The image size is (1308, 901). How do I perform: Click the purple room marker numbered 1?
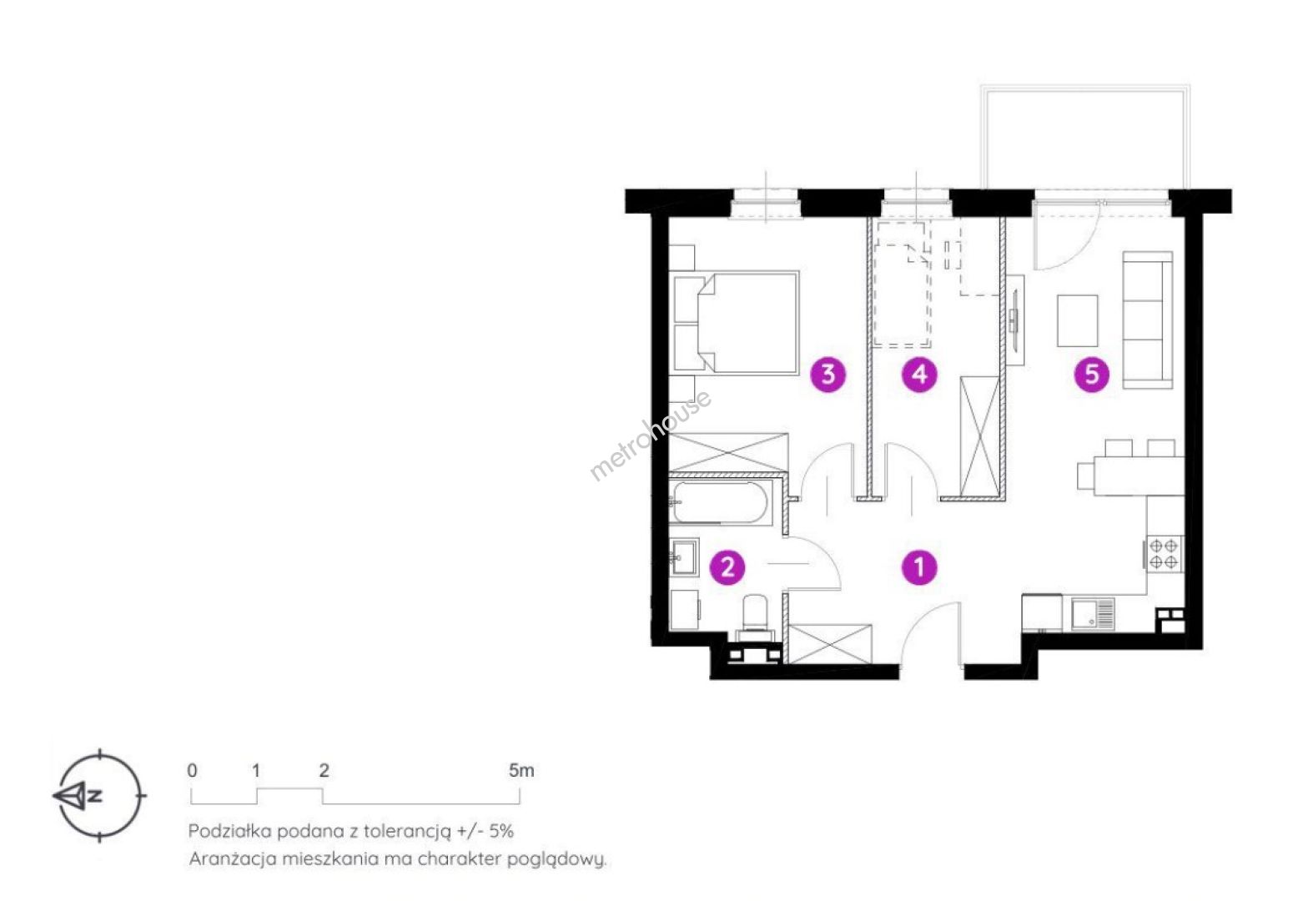[x=919, y=567]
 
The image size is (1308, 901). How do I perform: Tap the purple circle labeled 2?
[x=727, y=567]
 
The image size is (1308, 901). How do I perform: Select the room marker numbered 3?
[x=828, y=375]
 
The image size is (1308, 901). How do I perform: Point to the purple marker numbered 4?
[x=919, y=375]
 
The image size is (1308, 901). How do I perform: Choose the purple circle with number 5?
[x=1091, y=375]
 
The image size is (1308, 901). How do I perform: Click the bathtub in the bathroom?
[x=719, y=503]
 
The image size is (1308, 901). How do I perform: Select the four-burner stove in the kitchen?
[x=1163, y=554]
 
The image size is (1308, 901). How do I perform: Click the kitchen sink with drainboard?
[x=1093, y=614]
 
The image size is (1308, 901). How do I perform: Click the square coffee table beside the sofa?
[x=1077, y=320]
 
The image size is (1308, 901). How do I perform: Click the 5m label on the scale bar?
[x=521, y=770]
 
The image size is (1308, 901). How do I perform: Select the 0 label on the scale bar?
[x=192, y=771]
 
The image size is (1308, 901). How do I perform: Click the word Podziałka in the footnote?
[x=229, y=831]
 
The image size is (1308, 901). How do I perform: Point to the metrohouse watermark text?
[x=650, y=435]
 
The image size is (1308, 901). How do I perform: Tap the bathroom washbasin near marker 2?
[x=684, y=557]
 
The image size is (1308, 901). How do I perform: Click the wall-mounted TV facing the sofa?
[x=1015, y=320]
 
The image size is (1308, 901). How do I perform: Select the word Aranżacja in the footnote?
[x=233, y=859]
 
